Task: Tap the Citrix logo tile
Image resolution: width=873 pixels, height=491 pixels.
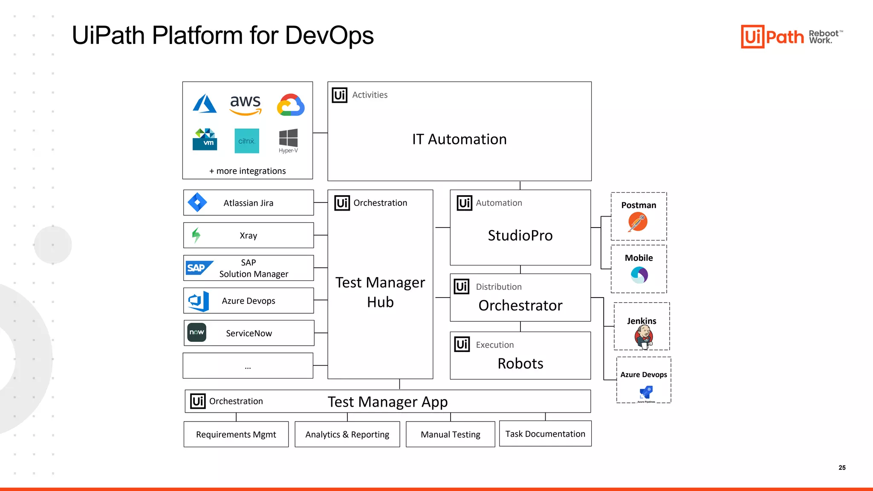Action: (x=247, y=141)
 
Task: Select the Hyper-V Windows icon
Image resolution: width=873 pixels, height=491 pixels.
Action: (x=288, y=139)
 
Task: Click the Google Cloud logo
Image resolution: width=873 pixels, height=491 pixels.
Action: (x=291, y=105)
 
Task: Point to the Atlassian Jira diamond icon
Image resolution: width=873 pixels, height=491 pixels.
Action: (x=197, y=202)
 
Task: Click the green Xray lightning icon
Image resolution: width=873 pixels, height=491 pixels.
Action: (x=196, y=235)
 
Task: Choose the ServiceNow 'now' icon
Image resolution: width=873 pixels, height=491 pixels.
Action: (x=197, y=332)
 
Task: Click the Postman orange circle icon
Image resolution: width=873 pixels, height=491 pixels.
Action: (x=638, y=222)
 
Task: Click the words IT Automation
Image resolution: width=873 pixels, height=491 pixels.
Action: (x=459, y=139)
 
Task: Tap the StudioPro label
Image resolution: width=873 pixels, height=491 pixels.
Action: (x=520, y=235)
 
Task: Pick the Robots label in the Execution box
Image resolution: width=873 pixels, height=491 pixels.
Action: (x=520, y=364)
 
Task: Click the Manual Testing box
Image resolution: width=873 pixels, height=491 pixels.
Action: (x=450, y=434)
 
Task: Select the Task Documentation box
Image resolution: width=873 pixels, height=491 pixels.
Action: (x=545, y=434)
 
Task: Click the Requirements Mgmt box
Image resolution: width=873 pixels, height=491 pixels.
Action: (x=236, y=434)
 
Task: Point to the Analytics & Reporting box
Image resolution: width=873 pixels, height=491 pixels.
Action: (x=347, y=434)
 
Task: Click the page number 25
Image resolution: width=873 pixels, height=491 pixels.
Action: (x=842, y=468)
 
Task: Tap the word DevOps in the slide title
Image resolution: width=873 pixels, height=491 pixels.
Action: (x=329, y=35)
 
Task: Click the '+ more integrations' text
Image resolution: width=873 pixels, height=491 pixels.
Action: (x=247, y=171)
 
